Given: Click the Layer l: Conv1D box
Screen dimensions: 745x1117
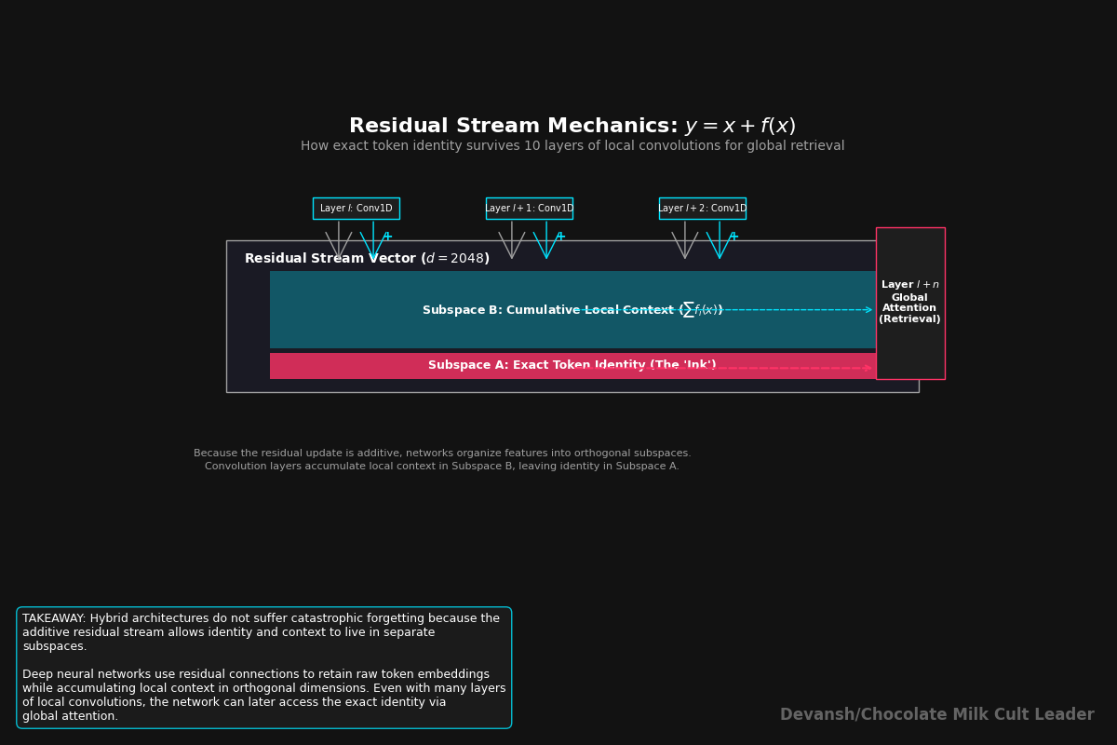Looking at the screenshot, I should click(x=356, y=209).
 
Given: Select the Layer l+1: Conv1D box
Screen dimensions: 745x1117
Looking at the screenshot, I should click(x=529, y=209).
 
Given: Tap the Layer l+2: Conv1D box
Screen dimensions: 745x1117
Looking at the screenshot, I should click(x=702, y=209).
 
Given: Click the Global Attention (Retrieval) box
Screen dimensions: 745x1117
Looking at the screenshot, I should click(x=909, y=304).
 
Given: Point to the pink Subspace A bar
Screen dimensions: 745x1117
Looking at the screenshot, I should click(x=372, y=366).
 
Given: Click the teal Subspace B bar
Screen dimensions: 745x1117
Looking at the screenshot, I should click(x=354, y=309).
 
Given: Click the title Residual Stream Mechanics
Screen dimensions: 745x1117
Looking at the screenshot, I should click(x=513, y=127).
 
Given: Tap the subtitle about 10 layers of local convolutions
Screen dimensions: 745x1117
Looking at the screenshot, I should click(x=572, y=146).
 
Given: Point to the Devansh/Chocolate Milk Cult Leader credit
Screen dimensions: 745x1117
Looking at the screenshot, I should click(x=936, y=715).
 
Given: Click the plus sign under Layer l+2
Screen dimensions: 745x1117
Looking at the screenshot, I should click(x=733, y=237).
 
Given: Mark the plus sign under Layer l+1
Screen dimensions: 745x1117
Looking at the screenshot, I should click(x=560, y=237).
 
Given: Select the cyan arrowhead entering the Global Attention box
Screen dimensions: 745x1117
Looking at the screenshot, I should click(x=868, y=310).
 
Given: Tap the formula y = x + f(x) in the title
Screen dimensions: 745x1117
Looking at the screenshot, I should click(x=740, y=127).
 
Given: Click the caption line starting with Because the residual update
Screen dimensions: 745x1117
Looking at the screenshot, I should click(x=442, y=454).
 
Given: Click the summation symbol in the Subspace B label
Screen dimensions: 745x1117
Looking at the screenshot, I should click(x=688, y=310).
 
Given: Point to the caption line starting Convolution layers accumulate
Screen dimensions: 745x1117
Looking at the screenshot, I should click(x=442, y=467).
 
